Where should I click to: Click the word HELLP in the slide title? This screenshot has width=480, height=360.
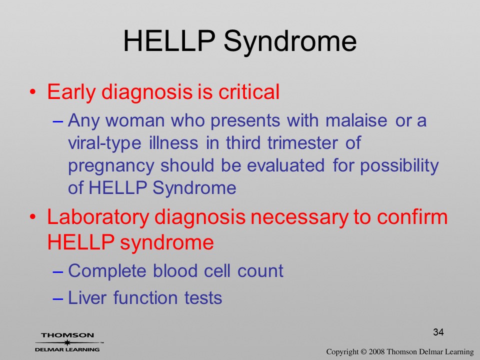click(x=168, y=41)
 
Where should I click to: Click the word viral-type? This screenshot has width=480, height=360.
click(x=104, y=143)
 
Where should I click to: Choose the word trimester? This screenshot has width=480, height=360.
click(x=302, y=142)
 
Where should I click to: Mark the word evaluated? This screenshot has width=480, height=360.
click(x=285, y=165)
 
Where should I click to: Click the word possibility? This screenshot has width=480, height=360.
click(x=399, y=166)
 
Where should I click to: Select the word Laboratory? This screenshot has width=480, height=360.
click(x=98, y=217)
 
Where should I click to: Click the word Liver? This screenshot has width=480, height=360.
click(x=87, y=297)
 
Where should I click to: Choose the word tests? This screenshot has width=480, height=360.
click(x=203, y=298)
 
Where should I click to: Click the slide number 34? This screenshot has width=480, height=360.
click(x=438, y=332)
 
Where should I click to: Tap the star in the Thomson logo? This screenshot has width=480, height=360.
click(x=67, y=342)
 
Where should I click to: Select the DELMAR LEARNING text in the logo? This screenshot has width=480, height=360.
click(x=67, y=349)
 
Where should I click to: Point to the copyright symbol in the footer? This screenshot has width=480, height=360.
click(x=363, y=351)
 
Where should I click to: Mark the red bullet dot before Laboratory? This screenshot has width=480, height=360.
click(x=32, y=217)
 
